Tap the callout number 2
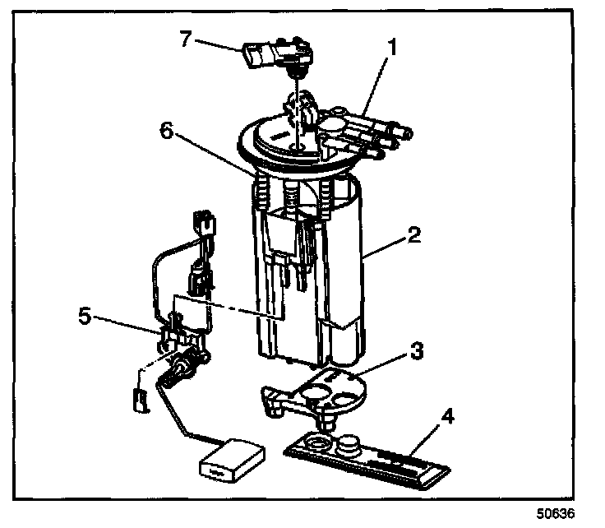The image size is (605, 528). coord(414,235)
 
